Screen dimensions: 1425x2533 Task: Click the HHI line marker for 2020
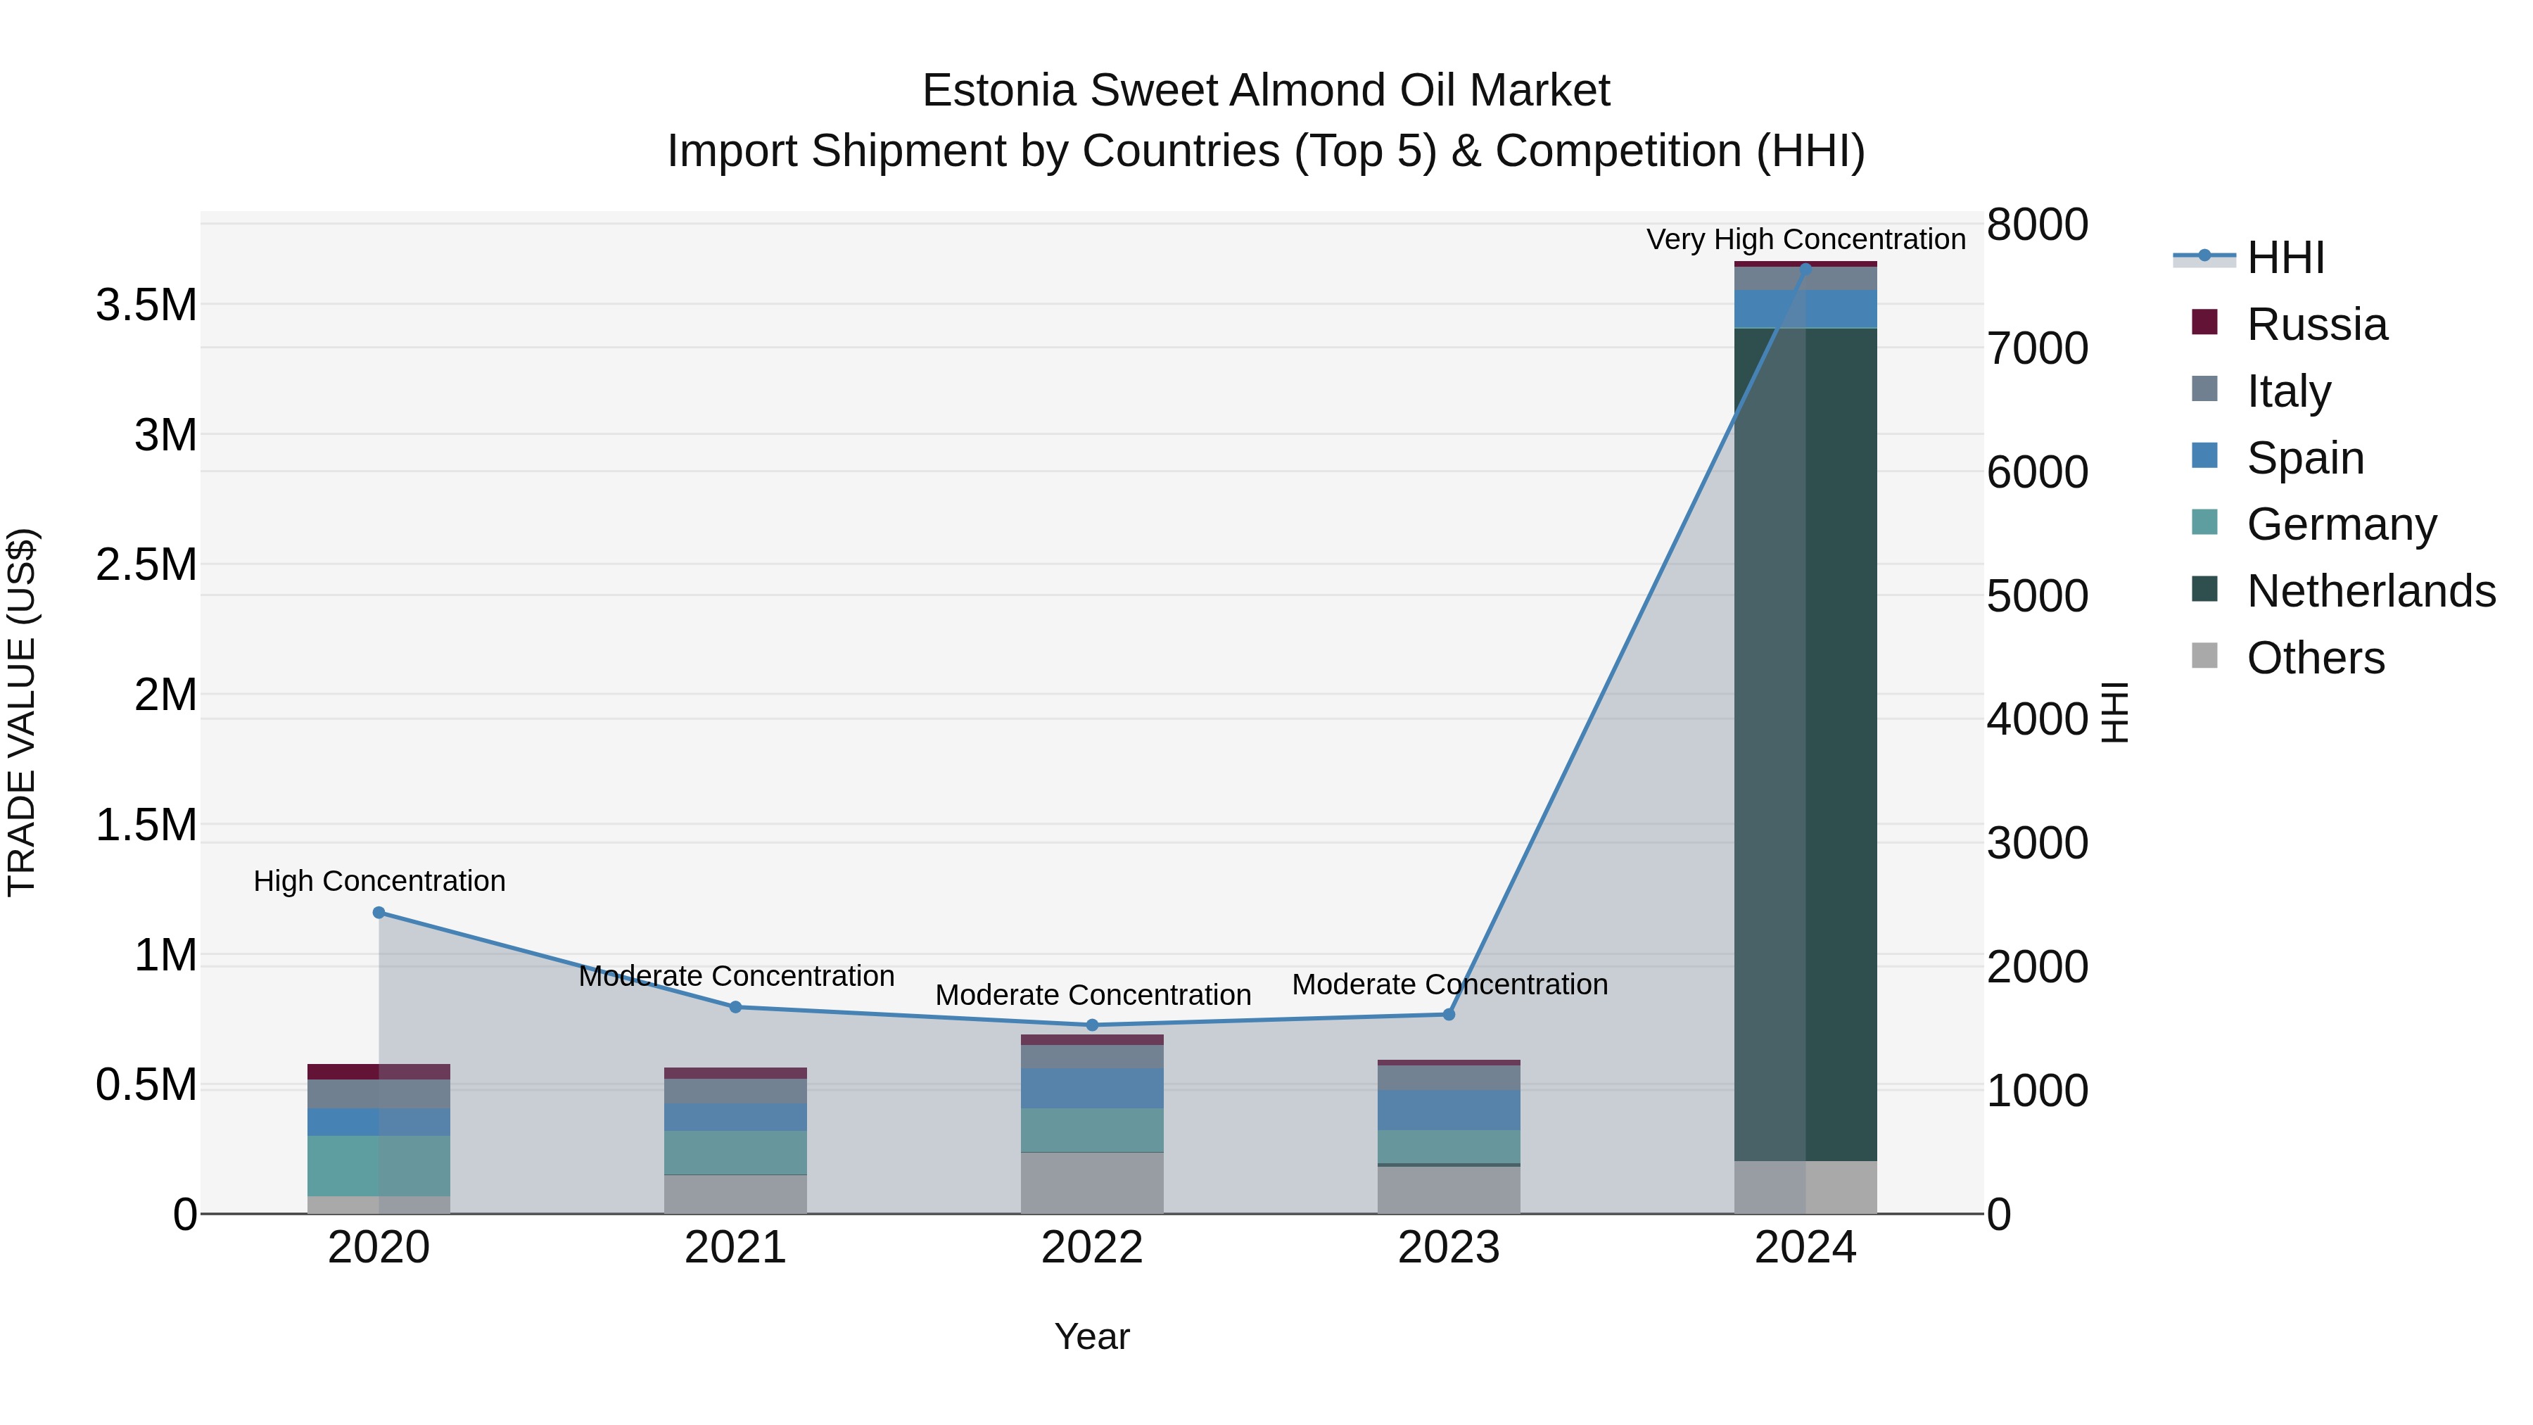point(379,913)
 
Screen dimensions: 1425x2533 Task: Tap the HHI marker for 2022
point(1091,1025)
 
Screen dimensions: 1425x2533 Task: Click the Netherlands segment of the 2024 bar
point(1805,744)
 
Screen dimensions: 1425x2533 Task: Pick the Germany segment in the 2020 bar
point(379,1165)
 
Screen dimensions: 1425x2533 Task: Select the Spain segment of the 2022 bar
point(1091,1088)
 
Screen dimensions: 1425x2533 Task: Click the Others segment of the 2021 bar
point(735,1194)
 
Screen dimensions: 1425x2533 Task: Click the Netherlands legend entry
point(2370,591)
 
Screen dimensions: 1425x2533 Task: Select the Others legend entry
point(2315,658)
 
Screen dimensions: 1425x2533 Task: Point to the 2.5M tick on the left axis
point(146,564)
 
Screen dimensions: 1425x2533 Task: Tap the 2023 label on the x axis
point(1449,1248)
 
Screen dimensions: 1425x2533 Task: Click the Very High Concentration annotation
point(1805,239)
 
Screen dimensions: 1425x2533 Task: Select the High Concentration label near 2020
point(379,881)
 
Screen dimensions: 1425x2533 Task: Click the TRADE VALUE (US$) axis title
point(22,712)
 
